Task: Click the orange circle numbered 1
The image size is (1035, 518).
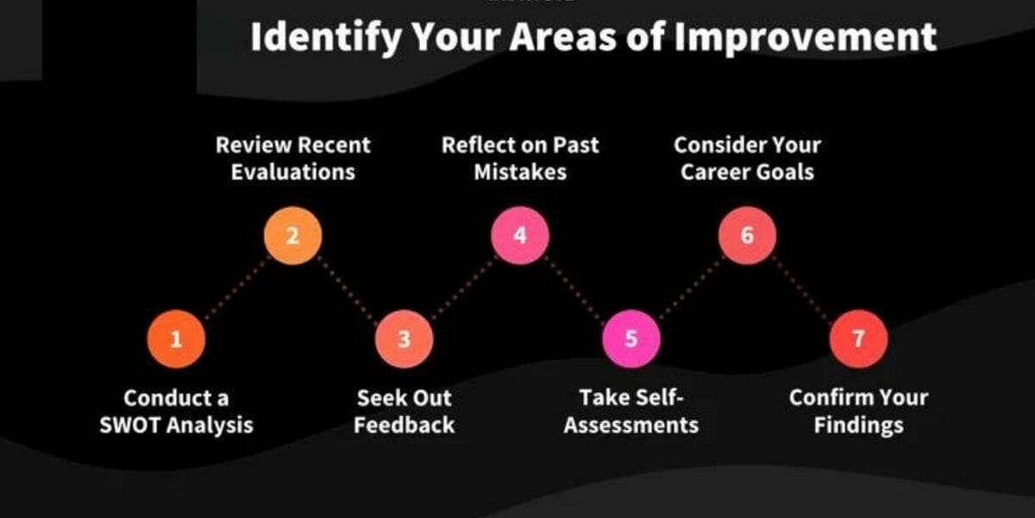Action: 176,339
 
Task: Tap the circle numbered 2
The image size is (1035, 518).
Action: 292,235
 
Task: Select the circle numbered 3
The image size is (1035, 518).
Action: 404,339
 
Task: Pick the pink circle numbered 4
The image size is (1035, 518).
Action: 519,235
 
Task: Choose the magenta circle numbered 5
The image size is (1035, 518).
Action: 630,338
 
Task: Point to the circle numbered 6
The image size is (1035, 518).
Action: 747,235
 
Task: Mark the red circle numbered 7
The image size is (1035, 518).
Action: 858,339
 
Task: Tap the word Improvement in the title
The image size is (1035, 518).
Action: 832,37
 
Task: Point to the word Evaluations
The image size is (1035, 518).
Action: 292,171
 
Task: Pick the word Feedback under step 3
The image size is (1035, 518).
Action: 404,425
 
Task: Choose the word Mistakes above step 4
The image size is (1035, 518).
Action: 519,171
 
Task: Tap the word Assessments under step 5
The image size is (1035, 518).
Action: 630,425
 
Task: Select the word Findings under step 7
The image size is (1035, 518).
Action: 858,425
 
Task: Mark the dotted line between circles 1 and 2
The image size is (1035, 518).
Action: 235,287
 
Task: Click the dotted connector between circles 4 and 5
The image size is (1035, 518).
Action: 575,287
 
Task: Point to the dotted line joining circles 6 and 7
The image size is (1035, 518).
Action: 803,287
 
